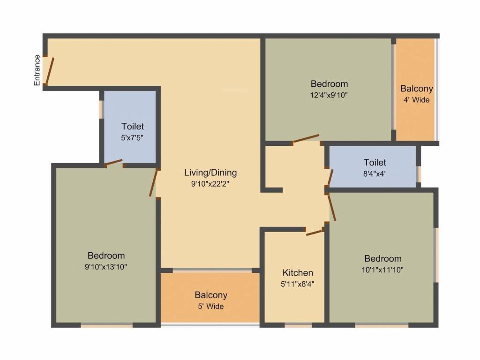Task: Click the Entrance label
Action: (x=37, y=70)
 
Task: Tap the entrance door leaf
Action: (x=50, y=71)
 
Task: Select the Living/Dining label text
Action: (x=210, y=172)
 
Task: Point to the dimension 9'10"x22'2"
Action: (x=210, y=184)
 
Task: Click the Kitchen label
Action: (x=298, y=273)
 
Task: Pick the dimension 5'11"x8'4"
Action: (x=298, y=284)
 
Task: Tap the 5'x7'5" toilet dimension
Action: (x=133, y=138)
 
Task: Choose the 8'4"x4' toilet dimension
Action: (x=375, y=173)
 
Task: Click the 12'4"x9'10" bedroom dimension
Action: (x=329, y=95)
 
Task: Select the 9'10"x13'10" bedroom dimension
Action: (x=106, y=267)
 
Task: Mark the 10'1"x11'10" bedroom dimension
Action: (x=383, y=270)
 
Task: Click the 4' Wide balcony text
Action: (x=416, y=100)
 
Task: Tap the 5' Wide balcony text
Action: (x=211, y=307)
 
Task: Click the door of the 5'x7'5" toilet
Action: (x=114, y=163)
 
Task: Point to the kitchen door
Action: (x=315, y=232)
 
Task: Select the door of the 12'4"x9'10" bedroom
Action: (x=305, y=139)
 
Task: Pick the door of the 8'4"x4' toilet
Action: (x=330, y=178)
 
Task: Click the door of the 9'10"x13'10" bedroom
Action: (x=152, y=183)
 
